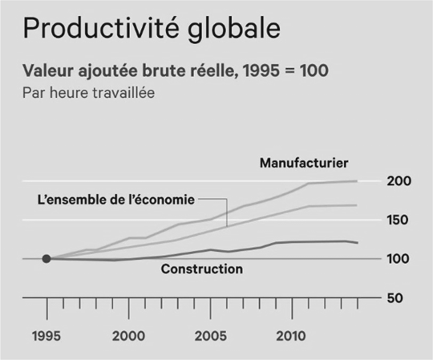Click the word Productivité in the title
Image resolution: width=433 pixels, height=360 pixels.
click(x=101, y=28)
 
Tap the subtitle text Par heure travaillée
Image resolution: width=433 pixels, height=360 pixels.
click(x=88, y=92)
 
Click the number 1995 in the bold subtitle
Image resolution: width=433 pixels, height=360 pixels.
click(x=261, y=71)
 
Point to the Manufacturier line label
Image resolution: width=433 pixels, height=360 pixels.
click(x=304, y=163)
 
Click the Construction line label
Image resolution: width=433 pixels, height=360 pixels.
click(x=202, y=269)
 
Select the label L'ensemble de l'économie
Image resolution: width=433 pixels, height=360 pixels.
click(x=116, y=200)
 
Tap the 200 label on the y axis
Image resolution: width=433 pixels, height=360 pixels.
click(x=399, y=181)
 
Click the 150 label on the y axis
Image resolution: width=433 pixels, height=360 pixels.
click(x=398, y=220)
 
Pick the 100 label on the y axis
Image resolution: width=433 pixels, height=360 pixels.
click(x=398, y=259)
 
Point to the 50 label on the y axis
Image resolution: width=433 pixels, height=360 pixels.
click(x=395, y=298)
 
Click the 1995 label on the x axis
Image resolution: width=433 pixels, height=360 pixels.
click(x=47, y=336)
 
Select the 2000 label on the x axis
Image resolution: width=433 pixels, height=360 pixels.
click(x=128, y=336)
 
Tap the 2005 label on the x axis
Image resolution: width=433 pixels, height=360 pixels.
click(x=210, y=336)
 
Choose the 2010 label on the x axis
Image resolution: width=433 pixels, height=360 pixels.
click(x=291, y=336)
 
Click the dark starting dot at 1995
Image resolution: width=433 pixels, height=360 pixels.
click(x=47, y=259)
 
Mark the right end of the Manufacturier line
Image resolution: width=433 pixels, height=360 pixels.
click(x=357, y=181)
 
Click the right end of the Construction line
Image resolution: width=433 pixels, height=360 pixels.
click(x=358, y=243)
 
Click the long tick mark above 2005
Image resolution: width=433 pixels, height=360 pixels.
click(x=211, y=309)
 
